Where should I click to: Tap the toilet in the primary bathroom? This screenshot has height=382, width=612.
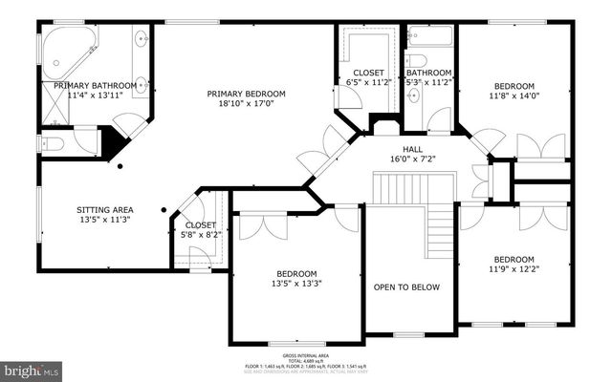coord(54,144)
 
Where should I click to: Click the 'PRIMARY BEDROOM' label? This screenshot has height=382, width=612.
coord(248,93)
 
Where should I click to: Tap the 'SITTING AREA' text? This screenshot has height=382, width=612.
coord(104,209)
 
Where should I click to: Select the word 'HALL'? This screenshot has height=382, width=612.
coord(412,149)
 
